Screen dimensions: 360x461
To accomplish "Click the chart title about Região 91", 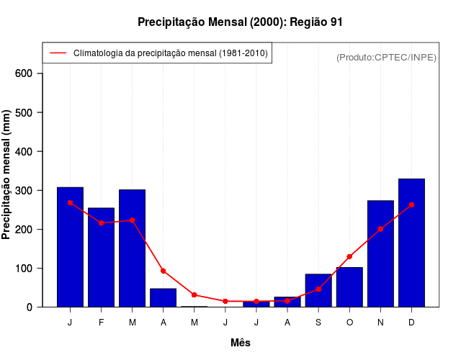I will coord(240,22).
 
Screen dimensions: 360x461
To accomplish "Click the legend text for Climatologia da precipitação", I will coord(171,53).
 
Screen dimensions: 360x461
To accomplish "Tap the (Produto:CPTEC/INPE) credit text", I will coord(386,57).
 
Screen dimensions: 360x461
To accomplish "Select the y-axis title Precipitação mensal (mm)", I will coord(6,174).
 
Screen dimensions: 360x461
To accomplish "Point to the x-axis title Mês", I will coord(241,343).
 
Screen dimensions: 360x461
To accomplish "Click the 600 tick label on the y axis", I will coord(24,73).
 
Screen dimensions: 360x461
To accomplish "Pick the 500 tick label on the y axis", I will coord(24,112).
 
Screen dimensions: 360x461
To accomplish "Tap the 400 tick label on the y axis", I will coord(24,151).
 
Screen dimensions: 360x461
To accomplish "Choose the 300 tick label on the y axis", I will coord(24,190).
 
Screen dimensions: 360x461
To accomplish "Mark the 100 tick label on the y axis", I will coord(24,268).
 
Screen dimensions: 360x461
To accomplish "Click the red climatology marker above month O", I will coord(349,256).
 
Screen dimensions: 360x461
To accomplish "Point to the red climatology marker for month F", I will coord(101,223).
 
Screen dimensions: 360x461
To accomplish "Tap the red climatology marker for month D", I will coord(411,204).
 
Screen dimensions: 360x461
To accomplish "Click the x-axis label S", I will coord(318,322).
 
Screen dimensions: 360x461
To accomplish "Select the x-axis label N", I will coord(380,322).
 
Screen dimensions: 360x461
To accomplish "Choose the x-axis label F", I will coord(101,322).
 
